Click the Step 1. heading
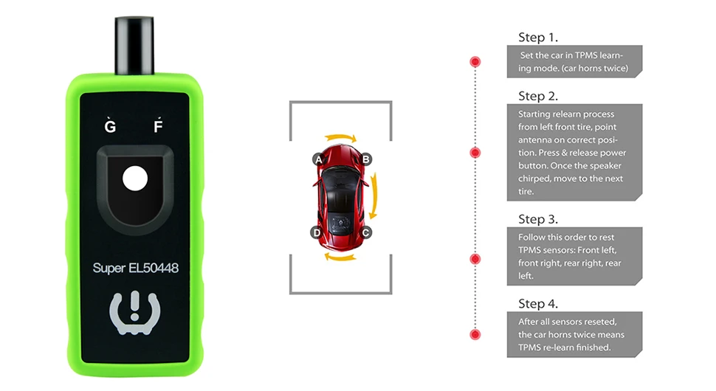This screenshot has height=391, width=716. click(x=537, y=38)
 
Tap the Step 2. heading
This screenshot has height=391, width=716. click(x=537, y=96)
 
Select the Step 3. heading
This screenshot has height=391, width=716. click(x=537, y=219)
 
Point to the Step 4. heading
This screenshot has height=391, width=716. click(x=537, y=303)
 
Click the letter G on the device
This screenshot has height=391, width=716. click(x=111, y=126)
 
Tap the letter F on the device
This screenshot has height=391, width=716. click(x=157, y=126)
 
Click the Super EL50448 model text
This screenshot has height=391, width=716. click(x=136, y=268)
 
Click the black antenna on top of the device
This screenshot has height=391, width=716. click(x=135, y=37)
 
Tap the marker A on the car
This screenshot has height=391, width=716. click(x=318, y=159)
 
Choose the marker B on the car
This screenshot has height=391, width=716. click(x=366, y=159)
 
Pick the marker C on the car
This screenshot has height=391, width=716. click(x=366, y=232)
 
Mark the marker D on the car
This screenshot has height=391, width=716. click(x=317, y=232)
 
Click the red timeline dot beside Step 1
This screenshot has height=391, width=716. click(x=475, y=61)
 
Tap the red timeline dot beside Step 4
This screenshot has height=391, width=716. click(x=475, y=335)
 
